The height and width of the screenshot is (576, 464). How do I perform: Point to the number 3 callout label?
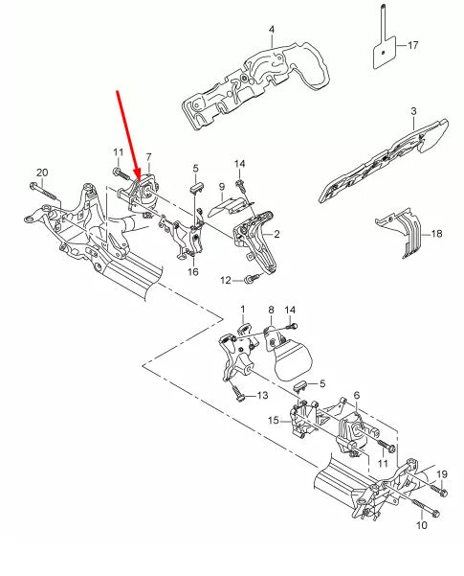point(412,112)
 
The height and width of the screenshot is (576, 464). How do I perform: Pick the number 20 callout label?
point(41,173)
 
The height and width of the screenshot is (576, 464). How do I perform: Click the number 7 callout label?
point(148,155)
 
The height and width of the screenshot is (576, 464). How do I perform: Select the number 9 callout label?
point(221,186)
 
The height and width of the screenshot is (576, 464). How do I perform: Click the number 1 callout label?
point(243,311)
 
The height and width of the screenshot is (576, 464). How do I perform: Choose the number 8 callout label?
point(271,311)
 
